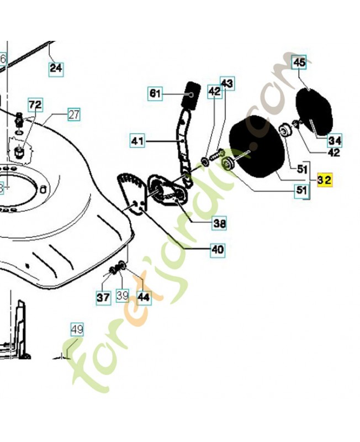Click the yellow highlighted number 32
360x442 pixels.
[324, 181]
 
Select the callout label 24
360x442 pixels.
[56, 69]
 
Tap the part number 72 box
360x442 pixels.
[35, 104]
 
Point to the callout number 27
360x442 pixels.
[74, 115]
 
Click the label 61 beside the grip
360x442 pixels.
[155, 94]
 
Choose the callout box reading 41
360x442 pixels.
[137, 141]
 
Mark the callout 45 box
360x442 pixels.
[299, 62]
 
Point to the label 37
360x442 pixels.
[103, 297]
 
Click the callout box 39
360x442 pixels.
[123, 297]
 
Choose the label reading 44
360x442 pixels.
[143, 297]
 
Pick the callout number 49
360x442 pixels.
[77, 330]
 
